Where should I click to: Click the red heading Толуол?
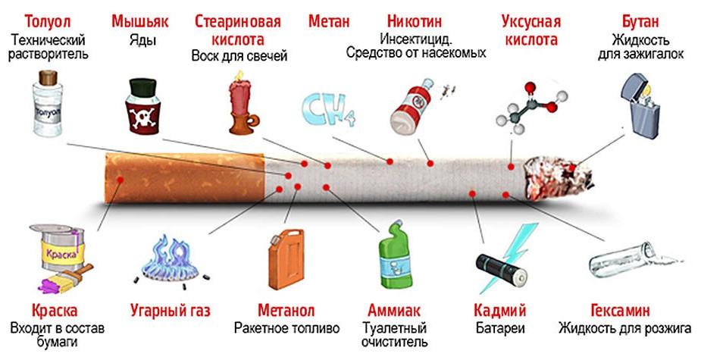pyautogui.click(x=37, y=20)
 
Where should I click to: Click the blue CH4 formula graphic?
pyautogui.click(x=328, y=109)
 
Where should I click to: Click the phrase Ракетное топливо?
pyautogui.click(x=286, y=328)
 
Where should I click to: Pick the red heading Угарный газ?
pyautogui.click(x=170, y=311)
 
